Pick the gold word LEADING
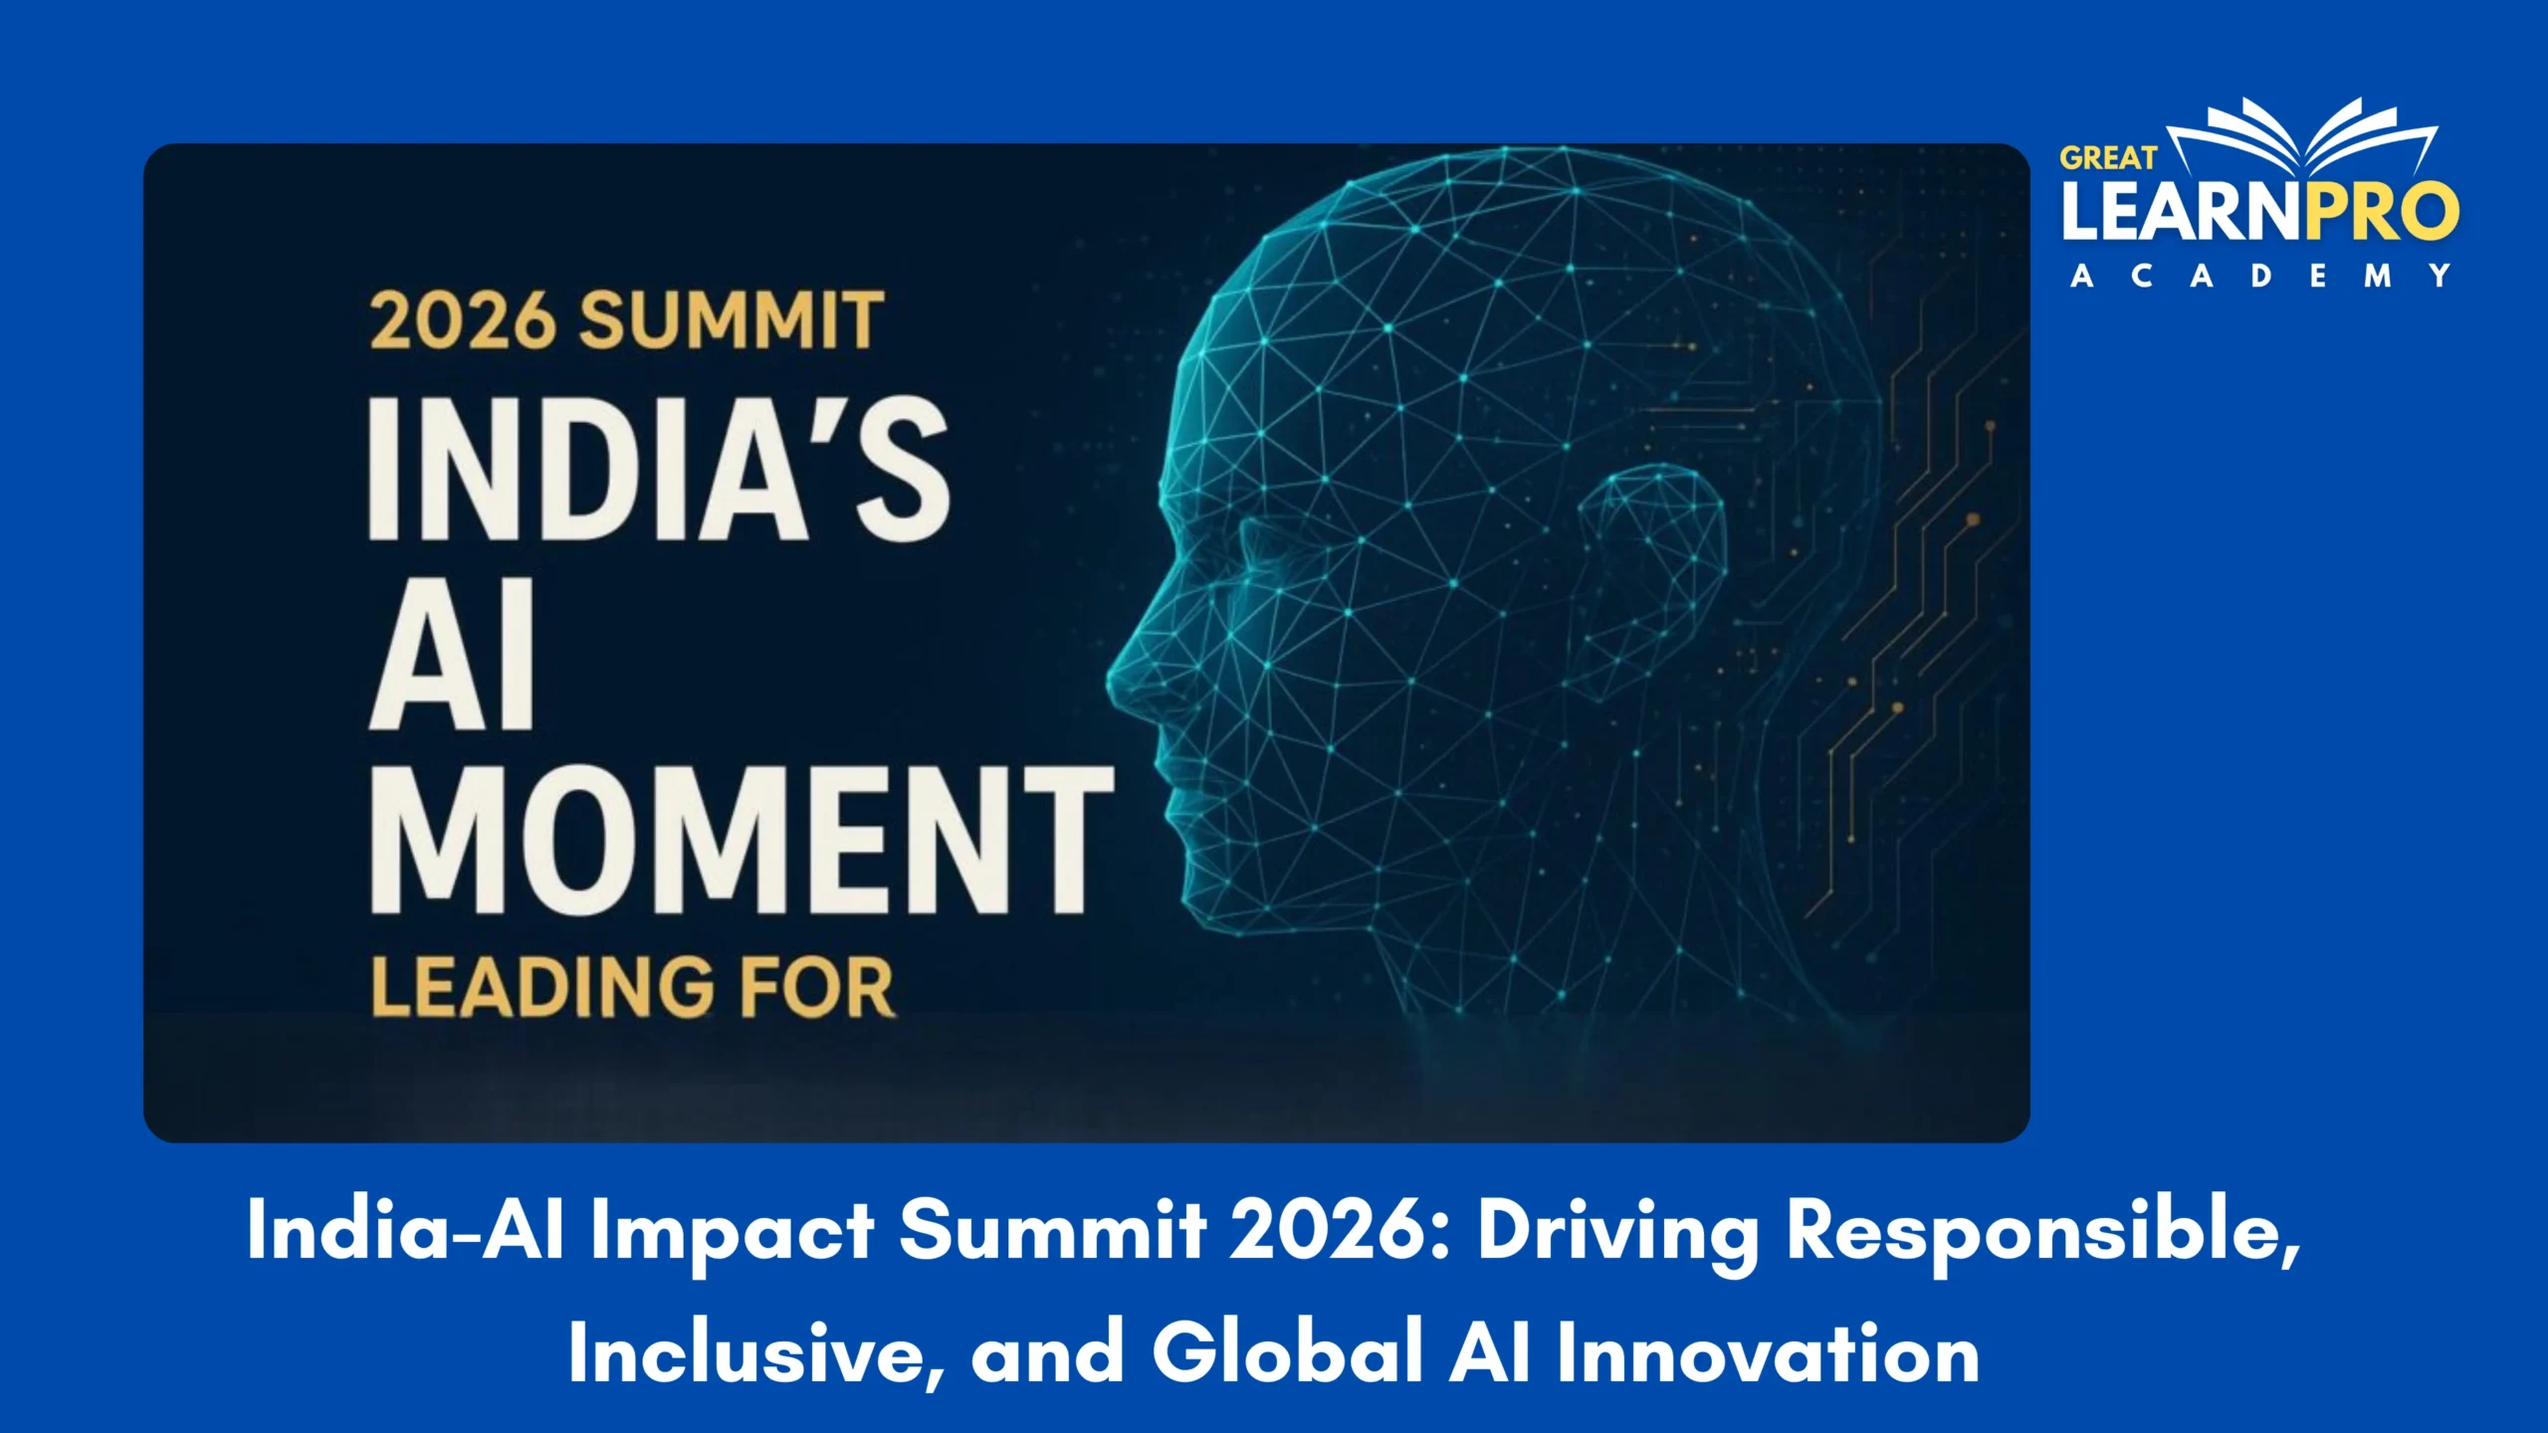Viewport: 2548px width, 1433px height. [x=541, y=987]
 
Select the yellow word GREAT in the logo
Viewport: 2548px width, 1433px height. [x=2107, y=158]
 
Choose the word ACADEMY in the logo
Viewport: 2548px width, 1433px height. [x=2260, y=276]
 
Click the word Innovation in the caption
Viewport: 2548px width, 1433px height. [x=1768, y=1353]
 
